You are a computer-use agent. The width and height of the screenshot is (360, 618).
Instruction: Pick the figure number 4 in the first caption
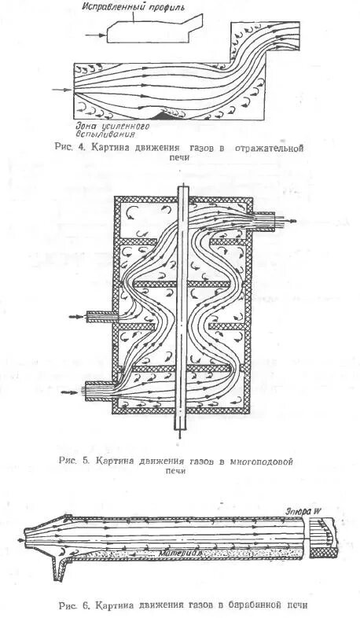(x=81, y=147)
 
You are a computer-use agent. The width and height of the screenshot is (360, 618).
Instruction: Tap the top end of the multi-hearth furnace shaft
(x=183, y=189)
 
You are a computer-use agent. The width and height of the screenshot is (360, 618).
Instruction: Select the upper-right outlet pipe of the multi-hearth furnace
(x=264, y=223)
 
